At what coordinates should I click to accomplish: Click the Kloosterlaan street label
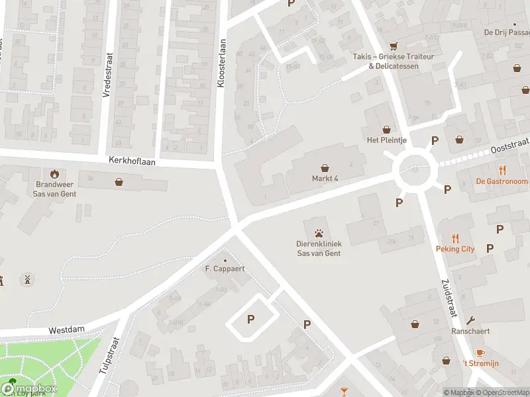[222, 63]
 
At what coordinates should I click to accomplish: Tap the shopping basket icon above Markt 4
[325, 168]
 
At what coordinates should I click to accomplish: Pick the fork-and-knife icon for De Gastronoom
[502, 170]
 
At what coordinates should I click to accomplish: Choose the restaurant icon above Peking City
[455, 238]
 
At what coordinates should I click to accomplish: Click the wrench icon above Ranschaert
[470, 320]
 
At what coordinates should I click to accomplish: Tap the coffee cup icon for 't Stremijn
[480, 353]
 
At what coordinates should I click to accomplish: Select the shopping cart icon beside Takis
[394, 46]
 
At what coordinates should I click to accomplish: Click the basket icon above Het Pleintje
[386, 129]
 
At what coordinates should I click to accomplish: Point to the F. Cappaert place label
[225, 269]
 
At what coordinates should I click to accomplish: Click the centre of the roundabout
[415, 172]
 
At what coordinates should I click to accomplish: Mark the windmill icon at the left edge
[27, 279]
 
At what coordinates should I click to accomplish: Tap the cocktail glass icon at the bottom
[344, 392]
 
